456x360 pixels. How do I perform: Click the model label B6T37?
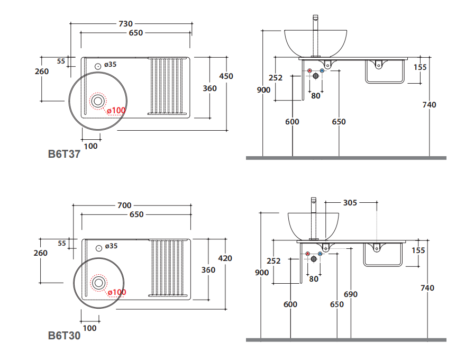(x=64, y=155)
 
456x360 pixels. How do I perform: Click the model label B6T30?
(x=64, y=336)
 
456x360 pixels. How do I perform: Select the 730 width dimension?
(x=125, y=24)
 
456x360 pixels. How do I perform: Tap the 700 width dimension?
(x=125, y=205)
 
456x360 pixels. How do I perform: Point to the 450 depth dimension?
(x=226, y=76)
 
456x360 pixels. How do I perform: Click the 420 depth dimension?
(x=225, y=258)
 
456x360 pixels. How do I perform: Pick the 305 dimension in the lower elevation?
(x=350, y=202)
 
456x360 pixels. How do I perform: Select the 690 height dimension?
(x=351, y=294)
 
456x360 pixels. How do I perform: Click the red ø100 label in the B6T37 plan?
(x=116, y=111)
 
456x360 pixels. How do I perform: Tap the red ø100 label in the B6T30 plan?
(x=116, y=292)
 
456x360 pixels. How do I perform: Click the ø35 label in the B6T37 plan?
(x=110, y=65)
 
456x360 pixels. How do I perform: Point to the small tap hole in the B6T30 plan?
(x=99, y=247)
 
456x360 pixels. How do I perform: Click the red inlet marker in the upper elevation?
(x=310, y=70)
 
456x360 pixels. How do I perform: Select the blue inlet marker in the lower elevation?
(x=320, y=254)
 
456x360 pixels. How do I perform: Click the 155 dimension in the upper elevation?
(x=421, y=67)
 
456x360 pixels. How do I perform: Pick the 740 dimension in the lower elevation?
(x=427, y=288)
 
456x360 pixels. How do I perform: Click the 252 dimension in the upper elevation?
(x=276, y=78)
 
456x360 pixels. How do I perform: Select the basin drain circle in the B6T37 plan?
(x=97, y=100)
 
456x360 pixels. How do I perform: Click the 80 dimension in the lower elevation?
(x=314, y=278)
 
